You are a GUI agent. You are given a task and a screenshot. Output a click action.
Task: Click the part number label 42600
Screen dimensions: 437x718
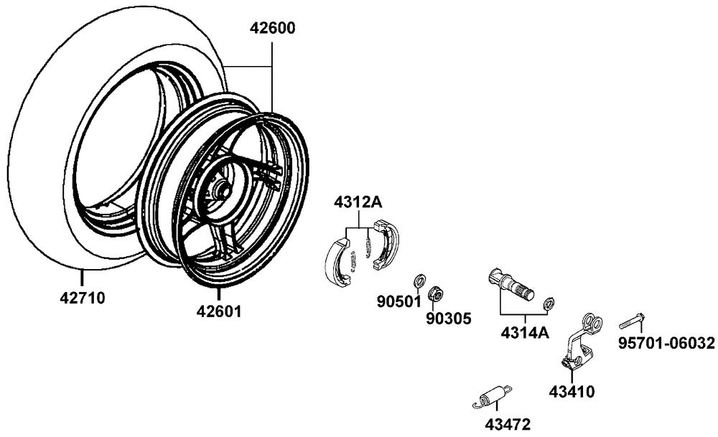click(272, 29)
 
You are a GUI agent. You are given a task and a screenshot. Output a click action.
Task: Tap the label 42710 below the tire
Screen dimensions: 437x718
click(82, 297)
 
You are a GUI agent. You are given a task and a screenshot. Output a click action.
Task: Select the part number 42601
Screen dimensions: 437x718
click(219, 311)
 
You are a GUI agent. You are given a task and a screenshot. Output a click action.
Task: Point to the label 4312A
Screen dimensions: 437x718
click(358, 202)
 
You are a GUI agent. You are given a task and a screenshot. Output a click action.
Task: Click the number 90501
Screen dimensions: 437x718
click(398, 301)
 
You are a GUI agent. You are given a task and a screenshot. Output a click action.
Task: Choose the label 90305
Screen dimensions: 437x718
click(449, 318)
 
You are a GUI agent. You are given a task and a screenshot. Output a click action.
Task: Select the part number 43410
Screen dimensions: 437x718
click(572, 392)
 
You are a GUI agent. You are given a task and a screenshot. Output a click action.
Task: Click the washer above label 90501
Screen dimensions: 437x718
click(419, 278)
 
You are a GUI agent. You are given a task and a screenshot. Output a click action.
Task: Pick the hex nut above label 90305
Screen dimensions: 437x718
click(434, 293)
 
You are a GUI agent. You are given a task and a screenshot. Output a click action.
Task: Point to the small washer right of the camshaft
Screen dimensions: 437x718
click(549, 303)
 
